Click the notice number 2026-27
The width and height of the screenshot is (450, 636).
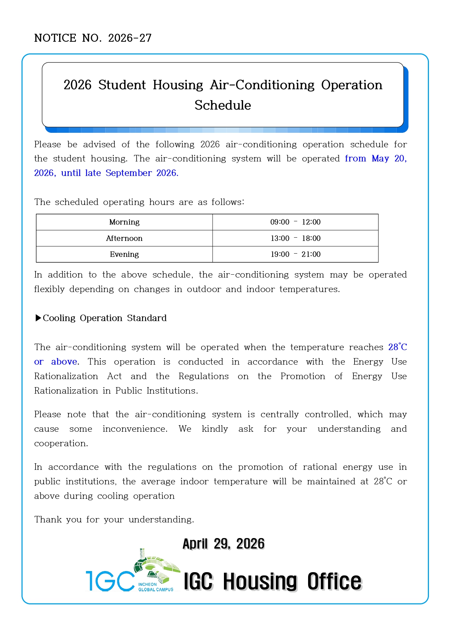coord(130,38)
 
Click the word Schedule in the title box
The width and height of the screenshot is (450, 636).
coord(222,105)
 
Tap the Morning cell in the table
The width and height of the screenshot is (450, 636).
coord(124,222)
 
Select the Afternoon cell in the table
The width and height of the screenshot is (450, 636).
coord(124,238)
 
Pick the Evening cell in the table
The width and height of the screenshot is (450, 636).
coord(124,254)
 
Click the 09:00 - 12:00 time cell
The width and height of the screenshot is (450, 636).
coord(295,222)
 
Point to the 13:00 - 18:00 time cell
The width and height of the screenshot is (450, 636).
coord(295,238)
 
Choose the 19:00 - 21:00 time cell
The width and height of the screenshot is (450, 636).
coord(295,254)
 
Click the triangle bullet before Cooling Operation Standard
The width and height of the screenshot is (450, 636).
coord(38,318)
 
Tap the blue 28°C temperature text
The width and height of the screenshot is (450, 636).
coord(397,347)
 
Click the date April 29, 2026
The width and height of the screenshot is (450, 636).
coord(224,544)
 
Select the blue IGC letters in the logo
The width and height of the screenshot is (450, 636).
coord(110,581)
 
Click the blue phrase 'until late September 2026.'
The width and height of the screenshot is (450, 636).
coord(120,173)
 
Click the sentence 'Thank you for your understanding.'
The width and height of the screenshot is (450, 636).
coord(114,520)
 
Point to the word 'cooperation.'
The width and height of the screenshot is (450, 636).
coord(61,443)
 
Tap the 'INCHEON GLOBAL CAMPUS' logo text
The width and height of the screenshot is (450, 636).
coord(155,587)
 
